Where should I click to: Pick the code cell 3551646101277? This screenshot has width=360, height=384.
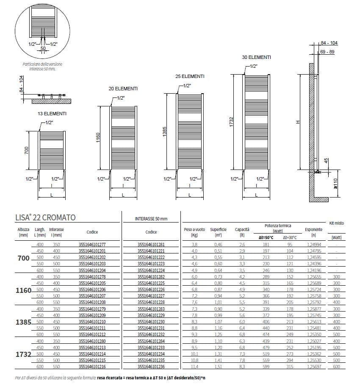pos(92,245)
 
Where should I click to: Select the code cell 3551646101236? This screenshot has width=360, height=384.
pos(151,367)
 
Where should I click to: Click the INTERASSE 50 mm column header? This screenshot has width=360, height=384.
pos(151,219)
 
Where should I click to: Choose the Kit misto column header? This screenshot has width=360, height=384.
pos(337,223)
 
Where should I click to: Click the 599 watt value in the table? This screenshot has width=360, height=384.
pos(266,367)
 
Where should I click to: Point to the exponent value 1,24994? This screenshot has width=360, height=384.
pos(313,245)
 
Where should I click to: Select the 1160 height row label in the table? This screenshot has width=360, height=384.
pos(24,290)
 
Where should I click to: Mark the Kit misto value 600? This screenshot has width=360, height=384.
pos(337,367)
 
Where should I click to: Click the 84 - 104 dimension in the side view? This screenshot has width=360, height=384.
pos(329,44)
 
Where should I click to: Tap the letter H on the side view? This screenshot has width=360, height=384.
pos(297,122)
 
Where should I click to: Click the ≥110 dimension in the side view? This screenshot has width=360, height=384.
pos(335,183)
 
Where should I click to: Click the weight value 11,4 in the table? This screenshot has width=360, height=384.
pos(194,367)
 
